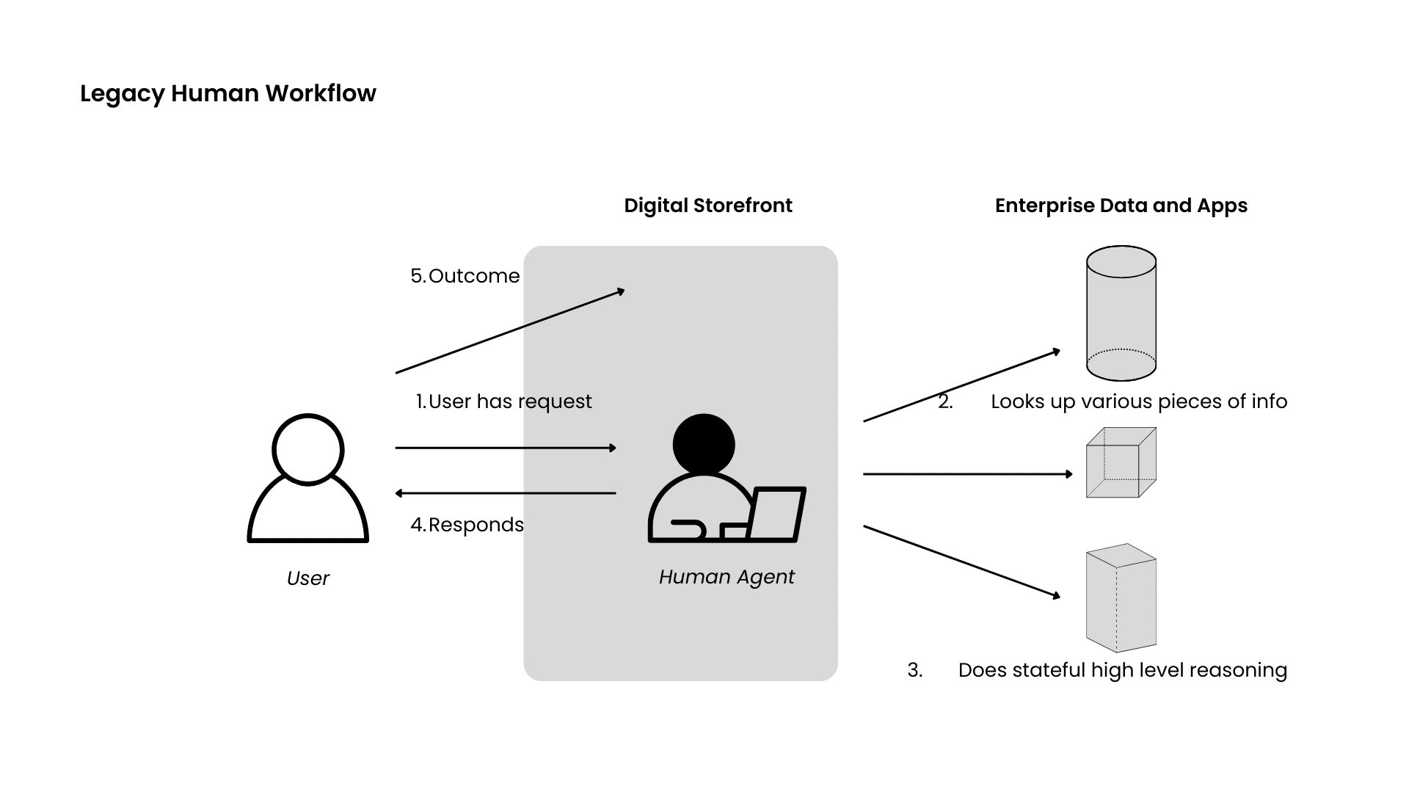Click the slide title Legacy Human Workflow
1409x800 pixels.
tap(227, 94)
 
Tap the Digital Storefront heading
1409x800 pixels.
tap(707, 206)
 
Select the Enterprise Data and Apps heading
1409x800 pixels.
tap(1121, 206)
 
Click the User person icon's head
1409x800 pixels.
tap(308, 449)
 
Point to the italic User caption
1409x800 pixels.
tap(308, 578)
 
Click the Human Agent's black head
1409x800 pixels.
tap(703, 444)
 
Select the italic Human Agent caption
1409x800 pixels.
tap(727, 577)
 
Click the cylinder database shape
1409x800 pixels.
tap(1121, 313)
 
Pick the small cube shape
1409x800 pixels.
tap(1121, 462)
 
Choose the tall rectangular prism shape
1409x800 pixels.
tap(1121, 597)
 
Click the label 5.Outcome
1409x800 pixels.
tap(465, 276)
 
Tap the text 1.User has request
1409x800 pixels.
tap(503, 401)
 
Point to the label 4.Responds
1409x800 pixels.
tap(467, 525)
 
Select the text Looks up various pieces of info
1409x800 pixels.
tap(1138, 401)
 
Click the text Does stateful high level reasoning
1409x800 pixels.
tap(1122, 670)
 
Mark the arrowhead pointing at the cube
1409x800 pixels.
tap(1070, 474)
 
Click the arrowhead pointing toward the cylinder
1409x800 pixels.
tap(1057, 352)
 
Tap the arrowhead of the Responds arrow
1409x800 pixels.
tap(398, 493)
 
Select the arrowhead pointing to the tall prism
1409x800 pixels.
tap(1057, 596)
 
